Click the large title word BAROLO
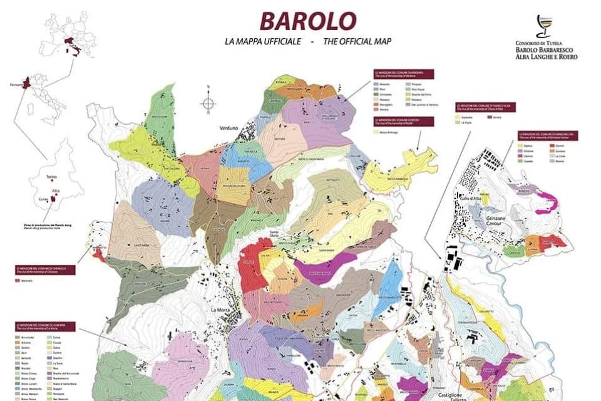(x=308, y=21)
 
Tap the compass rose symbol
(x=208, y=103)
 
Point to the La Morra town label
(x=221, y=310)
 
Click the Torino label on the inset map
(x=52, y=177)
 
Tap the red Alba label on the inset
(x=56, y=189)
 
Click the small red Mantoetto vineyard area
(x=98, y=253)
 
